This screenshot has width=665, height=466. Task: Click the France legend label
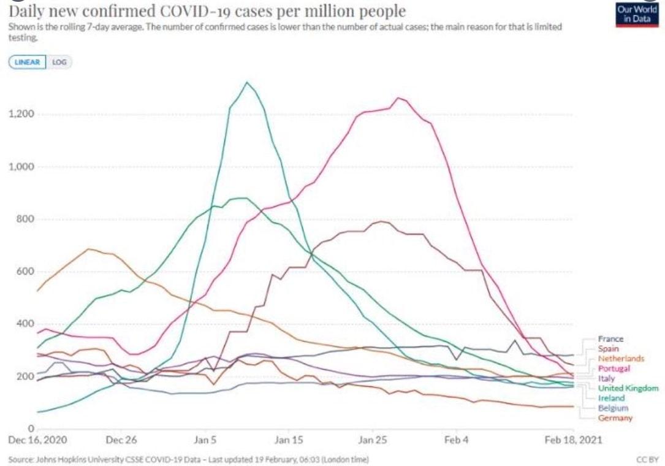(610, 338)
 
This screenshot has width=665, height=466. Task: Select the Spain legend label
(609, 348)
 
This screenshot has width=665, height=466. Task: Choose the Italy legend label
(606, 378)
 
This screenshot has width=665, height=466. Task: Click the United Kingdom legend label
(628, 388)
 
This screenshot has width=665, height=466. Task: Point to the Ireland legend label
(611, 398)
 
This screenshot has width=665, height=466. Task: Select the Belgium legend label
(613, 408)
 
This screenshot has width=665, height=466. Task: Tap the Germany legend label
(615, 418)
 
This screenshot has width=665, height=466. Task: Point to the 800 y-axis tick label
(25, 219)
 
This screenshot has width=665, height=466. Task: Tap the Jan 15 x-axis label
(289, 440)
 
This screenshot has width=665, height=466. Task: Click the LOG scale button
(59, 63)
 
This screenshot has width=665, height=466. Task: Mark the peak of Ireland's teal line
(246, 82)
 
